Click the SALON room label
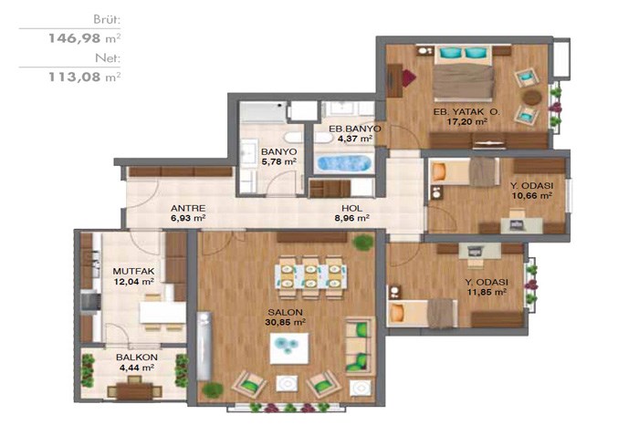285,312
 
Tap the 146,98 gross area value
84,38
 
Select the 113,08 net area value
84,77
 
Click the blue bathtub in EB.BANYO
344,163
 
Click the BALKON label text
137,357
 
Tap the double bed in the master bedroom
463,72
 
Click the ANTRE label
188,208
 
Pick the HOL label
351,208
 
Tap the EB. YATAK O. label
467,111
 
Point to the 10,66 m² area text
532,195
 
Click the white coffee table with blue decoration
289,348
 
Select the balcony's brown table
134,390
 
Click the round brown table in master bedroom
532,98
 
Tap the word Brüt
107,19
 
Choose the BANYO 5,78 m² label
278,156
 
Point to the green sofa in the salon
360,346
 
